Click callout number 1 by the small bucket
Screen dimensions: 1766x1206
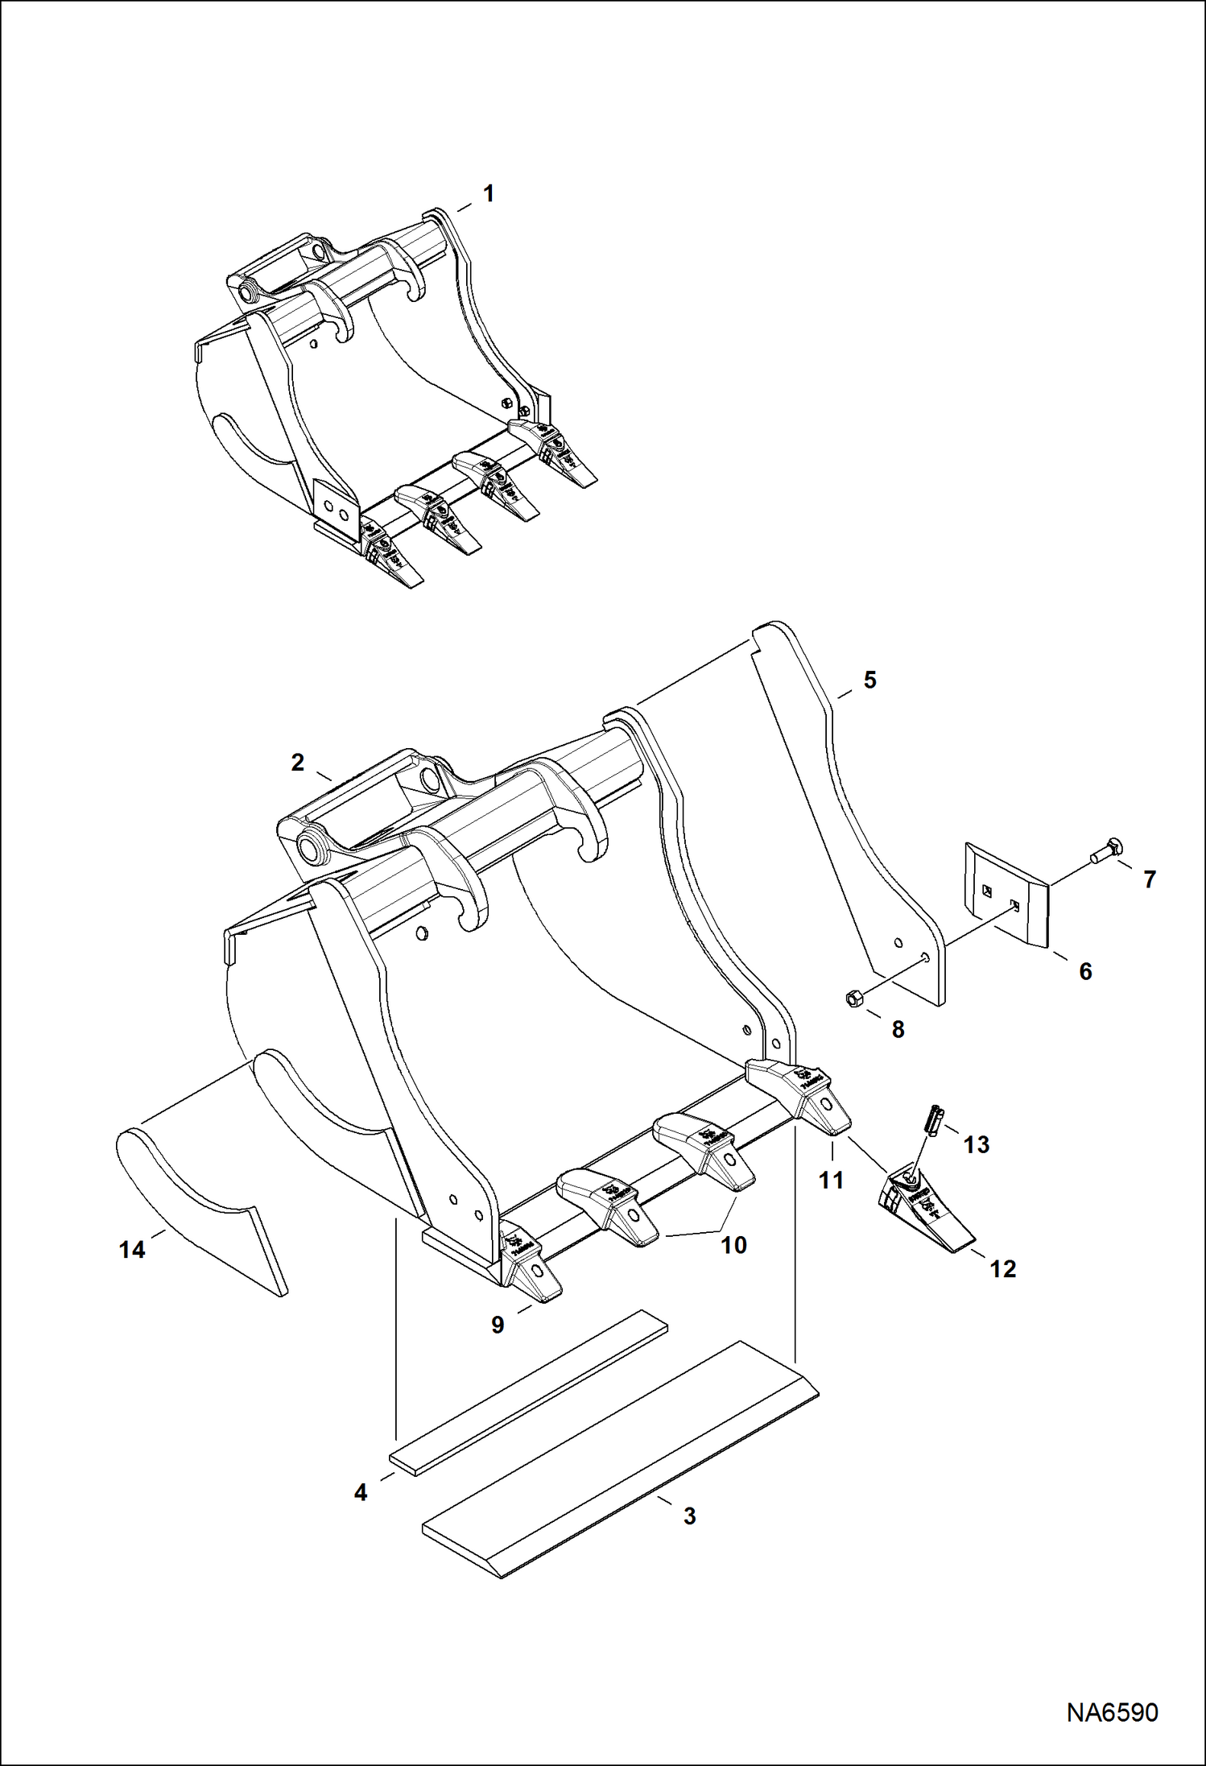[488, 194]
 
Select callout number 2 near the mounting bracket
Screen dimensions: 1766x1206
[298, 762]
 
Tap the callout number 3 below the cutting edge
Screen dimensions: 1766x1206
[689, 1516]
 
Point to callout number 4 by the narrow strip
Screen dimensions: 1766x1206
[361, 1492]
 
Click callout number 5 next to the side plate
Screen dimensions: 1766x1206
[869, 680]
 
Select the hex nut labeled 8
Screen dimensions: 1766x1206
[855, 999]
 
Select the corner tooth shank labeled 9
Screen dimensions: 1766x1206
[527, 1272]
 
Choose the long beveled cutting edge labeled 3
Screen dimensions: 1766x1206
[620, 1462]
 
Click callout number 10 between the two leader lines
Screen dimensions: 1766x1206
[733, 1245]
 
